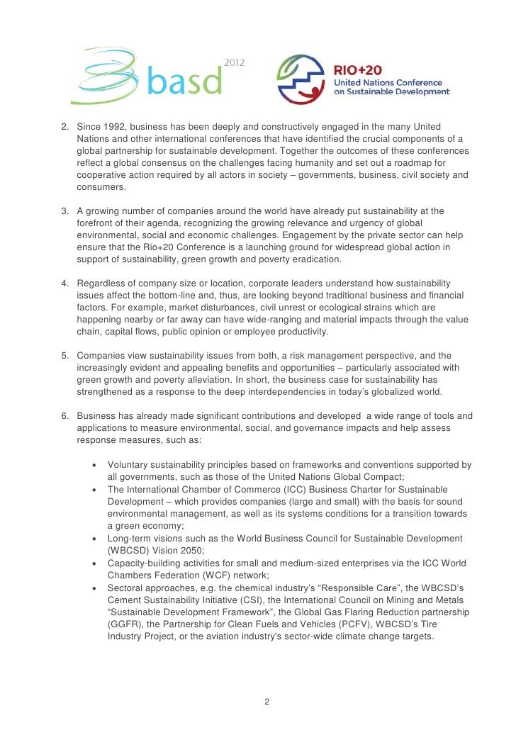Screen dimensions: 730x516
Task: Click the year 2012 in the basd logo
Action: [235, 63]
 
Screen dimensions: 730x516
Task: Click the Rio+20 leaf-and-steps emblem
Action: [301, 79]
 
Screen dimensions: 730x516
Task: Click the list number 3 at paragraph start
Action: [64, 211]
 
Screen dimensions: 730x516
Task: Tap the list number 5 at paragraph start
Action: [64, 356]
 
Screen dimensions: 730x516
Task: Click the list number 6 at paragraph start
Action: [64, 416]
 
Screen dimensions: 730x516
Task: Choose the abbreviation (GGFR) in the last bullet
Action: [125, 624]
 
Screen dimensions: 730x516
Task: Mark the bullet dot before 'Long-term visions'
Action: [94, 538]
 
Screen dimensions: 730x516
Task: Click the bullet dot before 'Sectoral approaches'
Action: [94, 588]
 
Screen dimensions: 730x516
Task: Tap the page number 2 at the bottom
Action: [266, 702]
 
